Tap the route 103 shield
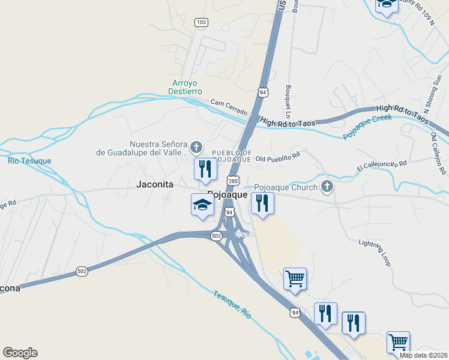pyautogui.click(x=201, y=22)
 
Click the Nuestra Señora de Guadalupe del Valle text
pyautogui.click(x=142, y=148)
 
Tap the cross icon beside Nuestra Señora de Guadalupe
pyautogui.click(x=196, y=147)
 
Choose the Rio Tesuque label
pyautogui.click(x=29, y=161)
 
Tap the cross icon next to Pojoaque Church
pyautogui.click(x=327, y=187)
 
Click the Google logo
pyautogui.click(x=20, y=353)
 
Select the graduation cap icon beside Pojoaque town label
pyautogui.click(x=202, y=205)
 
